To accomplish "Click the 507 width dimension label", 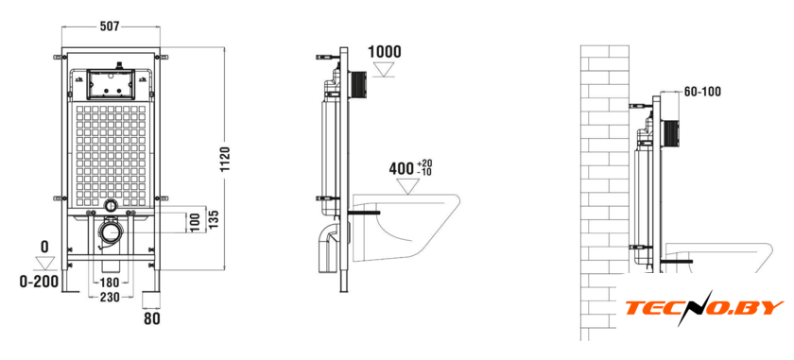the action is [110, 26].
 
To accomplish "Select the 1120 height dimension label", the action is [225, 160].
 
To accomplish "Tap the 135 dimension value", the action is [214, 219].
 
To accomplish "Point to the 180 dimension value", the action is [110, 282].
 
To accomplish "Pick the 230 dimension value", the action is [110, 298].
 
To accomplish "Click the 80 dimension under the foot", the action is [152, 319].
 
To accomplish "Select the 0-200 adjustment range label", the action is [39, 282].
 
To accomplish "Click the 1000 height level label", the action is [385, 52].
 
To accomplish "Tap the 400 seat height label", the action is [401, 168].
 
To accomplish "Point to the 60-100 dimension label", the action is [702, 92].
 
